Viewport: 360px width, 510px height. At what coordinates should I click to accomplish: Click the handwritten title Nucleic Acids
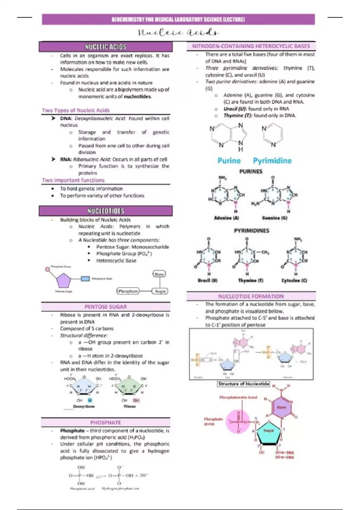pos(178,32)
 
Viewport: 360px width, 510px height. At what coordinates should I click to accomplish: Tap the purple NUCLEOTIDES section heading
pos(106,211)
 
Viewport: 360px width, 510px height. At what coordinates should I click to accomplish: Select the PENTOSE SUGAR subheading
pos(106,307)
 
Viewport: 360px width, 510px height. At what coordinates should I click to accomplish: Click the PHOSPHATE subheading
pos(106,422)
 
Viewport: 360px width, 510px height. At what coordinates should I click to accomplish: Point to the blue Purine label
pos(229,161)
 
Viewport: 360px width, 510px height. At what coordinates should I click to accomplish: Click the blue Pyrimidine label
pos(272,161)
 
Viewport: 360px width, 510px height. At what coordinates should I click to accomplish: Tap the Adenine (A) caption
pos(226,218)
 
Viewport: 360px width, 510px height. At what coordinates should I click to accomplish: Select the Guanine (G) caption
pos(274,218)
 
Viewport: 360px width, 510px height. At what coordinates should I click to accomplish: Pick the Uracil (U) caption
pos(208,280)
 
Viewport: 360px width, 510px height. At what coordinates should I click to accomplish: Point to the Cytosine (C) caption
pos(294,280)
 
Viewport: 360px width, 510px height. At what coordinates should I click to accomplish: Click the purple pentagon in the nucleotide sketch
pos(64,281)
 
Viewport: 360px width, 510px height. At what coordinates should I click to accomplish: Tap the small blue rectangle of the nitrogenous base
pos(85,279)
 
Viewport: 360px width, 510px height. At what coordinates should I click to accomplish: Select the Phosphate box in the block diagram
pos(128,291)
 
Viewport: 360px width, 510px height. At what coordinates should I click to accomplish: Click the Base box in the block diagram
pos(159,274)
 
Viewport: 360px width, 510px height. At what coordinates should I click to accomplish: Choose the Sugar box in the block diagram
pos(160,291)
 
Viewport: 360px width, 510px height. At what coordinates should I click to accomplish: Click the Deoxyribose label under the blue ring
pos(84,406)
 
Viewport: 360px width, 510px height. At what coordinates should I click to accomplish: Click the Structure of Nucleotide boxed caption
pos(244,384)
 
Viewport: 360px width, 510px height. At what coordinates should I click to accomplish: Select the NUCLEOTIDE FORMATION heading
pos(251,296)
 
